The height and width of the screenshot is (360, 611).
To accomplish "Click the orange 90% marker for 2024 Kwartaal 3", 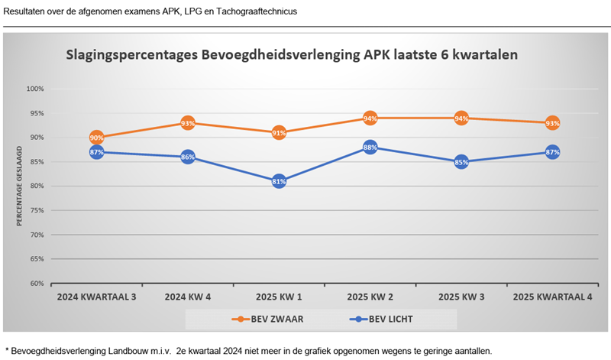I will coord(96,138).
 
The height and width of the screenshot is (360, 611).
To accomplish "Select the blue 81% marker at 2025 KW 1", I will coord(279,181).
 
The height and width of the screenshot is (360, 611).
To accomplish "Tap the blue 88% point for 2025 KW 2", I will coord(370,147).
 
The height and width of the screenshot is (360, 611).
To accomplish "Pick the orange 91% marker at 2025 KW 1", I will coord(279,132).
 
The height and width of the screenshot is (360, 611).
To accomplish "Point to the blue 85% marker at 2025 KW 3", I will coord(461,161).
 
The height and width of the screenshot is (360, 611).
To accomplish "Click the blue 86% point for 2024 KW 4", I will coord(188,157).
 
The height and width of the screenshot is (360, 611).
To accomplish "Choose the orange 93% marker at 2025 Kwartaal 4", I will coord(552,123).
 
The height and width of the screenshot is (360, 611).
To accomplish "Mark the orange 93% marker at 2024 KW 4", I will coord(188,123).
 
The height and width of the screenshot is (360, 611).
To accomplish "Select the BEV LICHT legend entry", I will coord(380,319).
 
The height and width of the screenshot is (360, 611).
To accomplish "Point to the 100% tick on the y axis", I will coord(35,89).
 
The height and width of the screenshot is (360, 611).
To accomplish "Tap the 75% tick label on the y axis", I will coord(37,210).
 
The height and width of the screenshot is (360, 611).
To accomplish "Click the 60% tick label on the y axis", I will coord(37,284).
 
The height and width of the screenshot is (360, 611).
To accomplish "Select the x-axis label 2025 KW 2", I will coord(370,297).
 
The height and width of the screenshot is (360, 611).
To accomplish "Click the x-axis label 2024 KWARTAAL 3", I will coord(96,297).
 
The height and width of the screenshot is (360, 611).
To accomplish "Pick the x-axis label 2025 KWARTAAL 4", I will coord(552,297).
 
